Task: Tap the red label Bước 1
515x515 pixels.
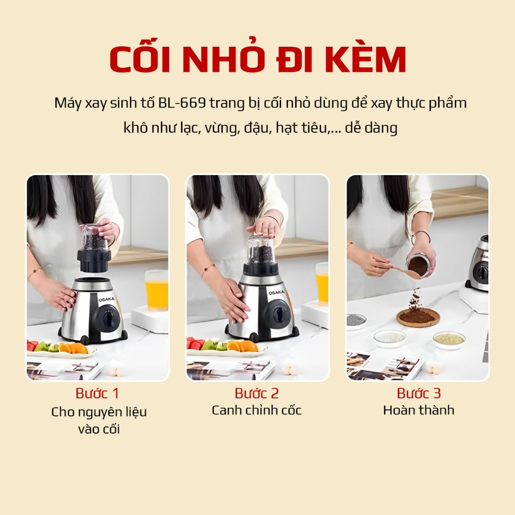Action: (x=97, y=393)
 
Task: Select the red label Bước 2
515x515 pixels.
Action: (x=256, y=393)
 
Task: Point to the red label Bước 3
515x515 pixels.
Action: (x=419, y=393)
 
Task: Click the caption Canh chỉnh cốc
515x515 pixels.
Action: (x=256, y=410)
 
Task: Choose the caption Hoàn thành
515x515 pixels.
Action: (x=419, y=410)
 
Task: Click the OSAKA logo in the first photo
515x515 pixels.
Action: (x=107, y=299)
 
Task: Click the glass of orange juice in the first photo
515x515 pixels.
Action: (x=157, y=290)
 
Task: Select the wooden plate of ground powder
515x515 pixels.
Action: (x=418, y=317)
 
